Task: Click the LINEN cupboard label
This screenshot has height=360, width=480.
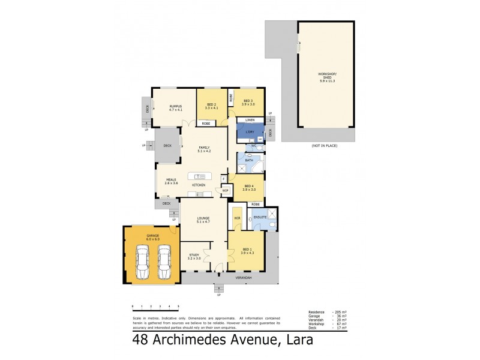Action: pos(250,120)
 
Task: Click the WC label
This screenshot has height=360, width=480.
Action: pos(254,146)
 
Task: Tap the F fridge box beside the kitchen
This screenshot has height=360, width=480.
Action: pos(224,178)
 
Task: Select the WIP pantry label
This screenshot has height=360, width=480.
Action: pos(226,190)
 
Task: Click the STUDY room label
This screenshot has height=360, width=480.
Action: pos(193,256)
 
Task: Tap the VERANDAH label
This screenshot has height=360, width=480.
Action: pos(243,278)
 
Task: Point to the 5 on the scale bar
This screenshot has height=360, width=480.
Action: pos(178,307)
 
